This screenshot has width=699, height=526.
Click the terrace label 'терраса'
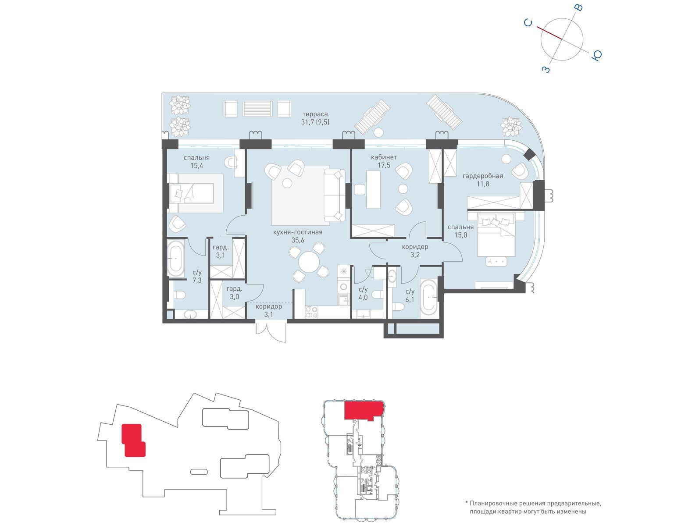coord(314,114)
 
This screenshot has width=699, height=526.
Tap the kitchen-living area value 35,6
coord(297,240)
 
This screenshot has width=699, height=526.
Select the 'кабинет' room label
coord(383,157)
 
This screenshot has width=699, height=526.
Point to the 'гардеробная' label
coord(482,176)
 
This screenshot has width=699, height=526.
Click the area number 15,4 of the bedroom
coord(196,165)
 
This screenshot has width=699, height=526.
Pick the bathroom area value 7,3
coord(197,281)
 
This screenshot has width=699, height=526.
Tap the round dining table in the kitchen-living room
coord(309,262)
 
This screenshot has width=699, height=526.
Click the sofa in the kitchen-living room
coord(335,195)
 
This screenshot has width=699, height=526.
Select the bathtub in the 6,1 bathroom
coord(430,297)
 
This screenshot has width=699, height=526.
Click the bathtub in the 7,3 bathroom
coord(175,258)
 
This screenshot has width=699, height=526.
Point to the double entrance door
coord(271,331)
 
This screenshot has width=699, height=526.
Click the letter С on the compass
coord(528,23)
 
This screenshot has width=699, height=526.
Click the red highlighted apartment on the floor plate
coord(364,410)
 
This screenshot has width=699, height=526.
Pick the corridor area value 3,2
coord(415,255)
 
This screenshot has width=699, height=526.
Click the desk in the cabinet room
coord(373,189)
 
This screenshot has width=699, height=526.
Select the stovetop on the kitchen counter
coord(311,312)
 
